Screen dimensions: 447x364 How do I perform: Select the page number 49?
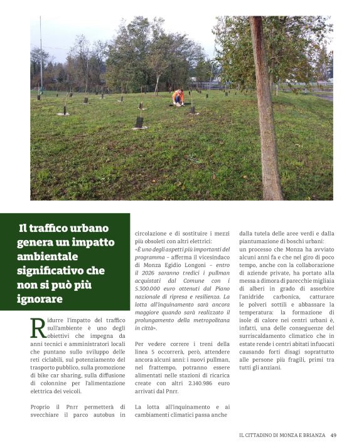(x=333, y=435)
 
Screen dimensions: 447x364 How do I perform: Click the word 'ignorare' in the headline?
(x=41, y=299)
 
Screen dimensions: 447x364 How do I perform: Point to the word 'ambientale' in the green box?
(x=47, y=257)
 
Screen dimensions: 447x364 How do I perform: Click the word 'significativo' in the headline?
(x=52, y=271)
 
